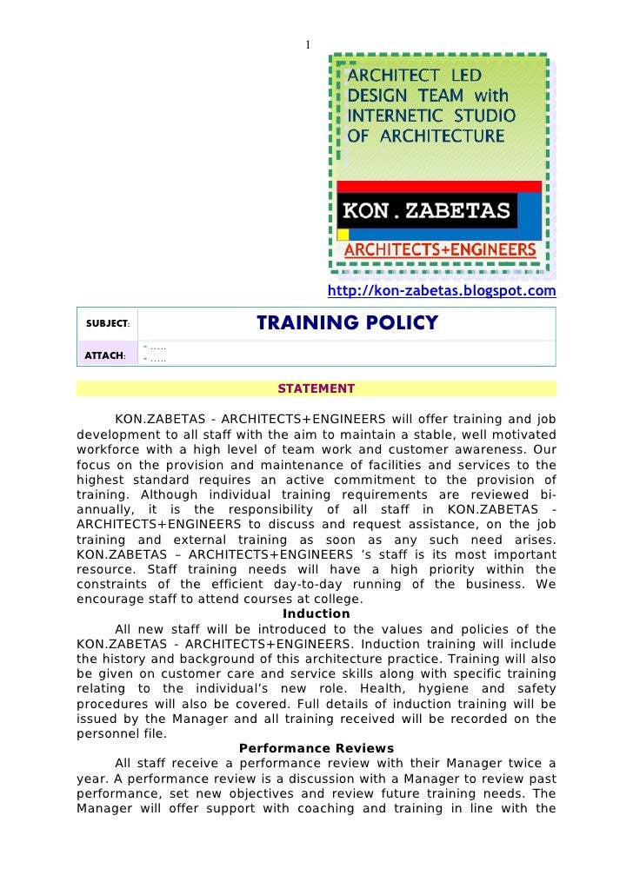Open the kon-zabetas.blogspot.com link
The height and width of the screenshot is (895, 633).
(x=441, y=291)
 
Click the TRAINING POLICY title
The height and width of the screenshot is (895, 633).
(x=347, y=324)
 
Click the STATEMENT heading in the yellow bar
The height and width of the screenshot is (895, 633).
(x=316, y=388)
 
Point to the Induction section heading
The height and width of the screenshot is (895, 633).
(x=316, y=613)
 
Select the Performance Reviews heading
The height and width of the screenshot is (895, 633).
(x=316, y=748)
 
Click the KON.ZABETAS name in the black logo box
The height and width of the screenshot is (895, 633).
(x=426, y=210)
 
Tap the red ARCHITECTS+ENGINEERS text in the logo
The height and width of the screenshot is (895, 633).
(x=441, y=250)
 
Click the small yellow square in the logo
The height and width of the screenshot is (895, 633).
(x=343, y=234)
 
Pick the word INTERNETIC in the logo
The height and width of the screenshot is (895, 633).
(x=390, y=116)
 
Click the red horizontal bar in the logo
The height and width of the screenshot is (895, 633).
(x=439, y=186)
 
